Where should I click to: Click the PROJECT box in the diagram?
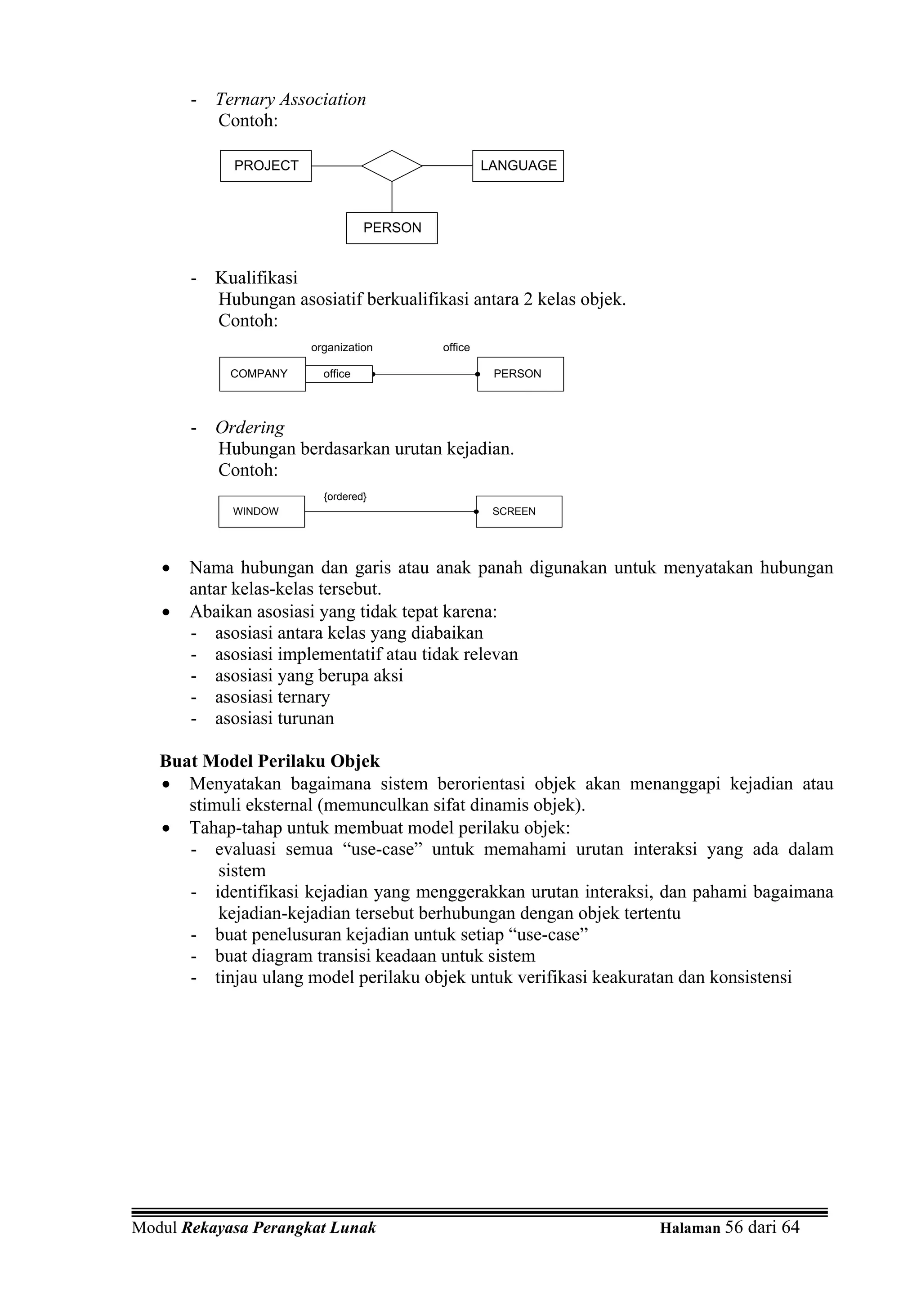point(266,166)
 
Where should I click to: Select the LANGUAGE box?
point(518,166)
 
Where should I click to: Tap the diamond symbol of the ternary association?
point(392,166)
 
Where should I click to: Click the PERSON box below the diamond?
point(392,228)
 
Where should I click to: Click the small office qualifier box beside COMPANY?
point(338,374)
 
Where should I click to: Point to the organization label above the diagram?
point(342,347)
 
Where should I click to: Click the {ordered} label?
point(345,497)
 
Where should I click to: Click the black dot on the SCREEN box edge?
point(476,511)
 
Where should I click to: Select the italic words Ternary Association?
point(291,99)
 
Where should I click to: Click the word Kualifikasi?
point(256,278)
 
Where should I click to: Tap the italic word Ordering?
point(250,427)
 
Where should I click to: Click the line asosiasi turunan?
point(274,718)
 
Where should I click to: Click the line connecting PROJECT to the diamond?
point(336,166)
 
